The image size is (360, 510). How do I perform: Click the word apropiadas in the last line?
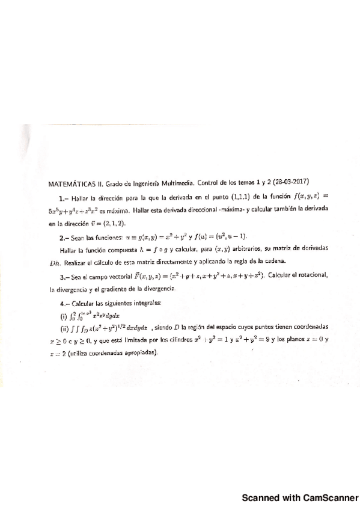(139, 352)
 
